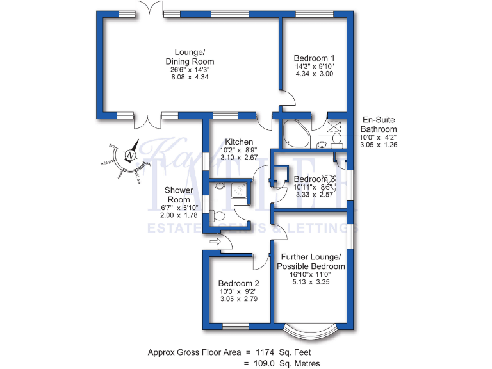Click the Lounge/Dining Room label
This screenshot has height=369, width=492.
[190, 56]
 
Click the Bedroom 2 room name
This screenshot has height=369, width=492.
[238, 284]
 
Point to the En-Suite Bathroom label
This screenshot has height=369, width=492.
[382, 124]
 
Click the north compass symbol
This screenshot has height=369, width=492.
[131, 155]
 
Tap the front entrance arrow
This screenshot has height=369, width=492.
[215, 242]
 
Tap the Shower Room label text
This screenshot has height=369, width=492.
[179, 195]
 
